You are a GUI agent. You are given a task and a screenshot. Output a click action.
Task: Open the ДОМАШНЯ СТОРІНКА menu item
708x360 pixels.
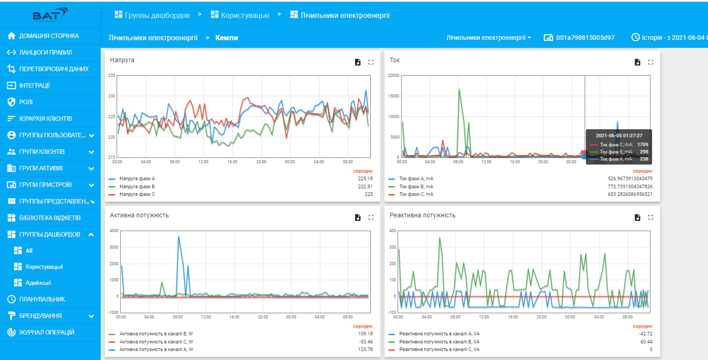click(49, 36)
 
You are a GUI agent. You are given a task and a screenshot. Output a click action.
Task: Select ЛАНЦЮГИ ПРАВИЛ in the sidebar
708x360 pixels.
click(45, 52)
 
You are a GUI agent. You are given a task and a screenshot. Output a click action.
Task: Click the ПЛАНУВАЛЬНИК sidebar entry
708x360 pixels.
click(42, 299)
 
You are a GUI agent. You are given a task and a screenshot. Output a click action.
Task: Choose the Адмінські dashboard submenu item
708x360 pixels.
click(38, 283)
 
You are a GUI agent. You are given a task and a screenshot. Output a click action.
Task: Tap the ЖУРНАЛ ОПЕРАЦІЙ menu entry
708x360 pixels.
click(47, 332)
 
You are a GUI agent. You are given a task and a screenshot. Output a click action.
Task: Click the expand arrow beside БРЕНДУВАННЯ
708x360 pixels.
click(92, 316)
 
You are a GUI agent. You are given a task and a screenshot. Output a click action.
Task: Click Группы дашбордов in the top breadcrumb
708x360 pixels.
click(157, 15)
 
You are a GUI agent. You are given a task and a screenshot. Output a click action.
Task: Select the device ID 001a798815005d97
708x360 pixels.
click(585, 38)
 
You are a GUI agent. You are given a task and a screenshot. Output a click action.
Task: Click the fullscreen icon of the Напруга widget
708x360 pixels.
click(371, 62)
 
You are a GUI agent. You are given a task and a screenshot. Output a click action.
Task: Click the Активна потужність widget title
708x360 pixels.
click(139, 215)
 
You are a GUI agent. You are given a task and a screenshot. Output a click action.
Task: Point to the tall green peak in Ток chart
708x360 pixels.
click(459, 90)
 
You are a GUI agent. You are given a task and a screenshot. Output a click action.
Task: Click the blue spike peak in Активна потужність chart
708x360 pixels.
click(178, 237)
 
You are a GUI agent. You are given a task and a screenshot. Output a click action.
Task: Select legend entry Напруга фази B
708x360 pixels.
click(137, 186)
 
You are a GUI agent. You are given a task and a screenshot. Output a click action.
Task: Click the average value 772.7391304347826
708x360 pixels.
click(630, 186)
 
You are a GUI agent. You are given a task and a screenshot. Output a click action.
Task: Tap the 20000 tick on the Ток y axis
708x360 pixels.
click(394, 76)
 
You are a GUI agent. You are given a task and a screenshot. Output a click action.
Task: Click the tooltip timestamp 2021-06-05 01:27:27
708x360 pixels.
click(619, 136)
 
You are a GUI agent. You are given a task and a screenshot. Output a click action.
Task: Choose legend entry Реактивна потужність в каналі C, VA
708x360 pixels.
click(439, 349)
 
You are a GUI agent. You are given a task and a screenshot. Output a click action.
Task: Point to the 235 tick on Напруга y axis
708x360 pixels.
click(112, 76)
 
